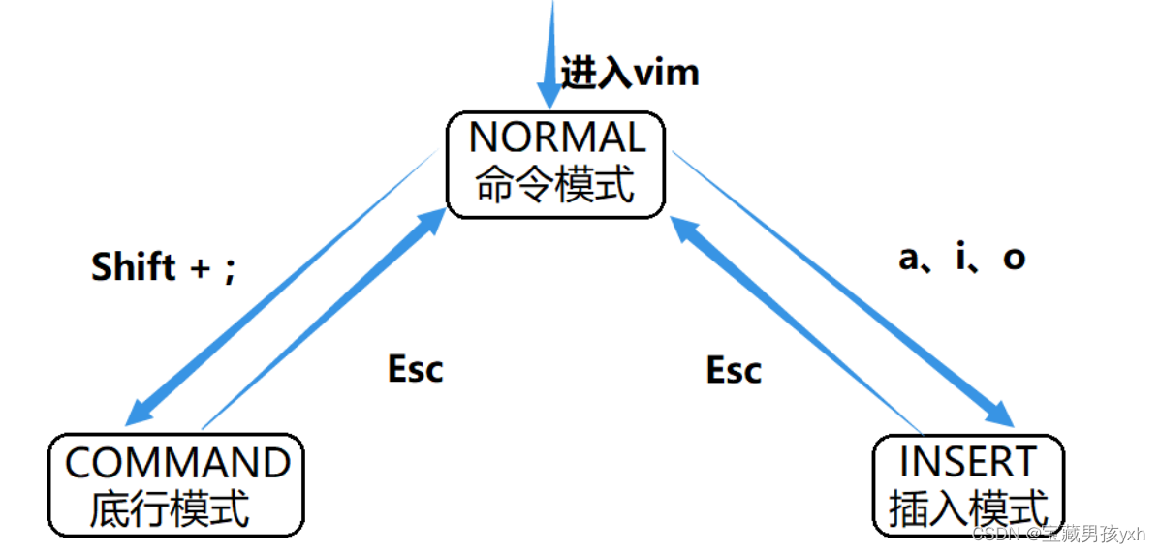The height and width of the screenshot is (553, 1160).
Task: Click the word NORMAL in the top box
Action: [556, 138]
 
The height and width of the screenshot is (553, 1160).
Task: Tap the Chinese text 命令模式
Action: [556, 184]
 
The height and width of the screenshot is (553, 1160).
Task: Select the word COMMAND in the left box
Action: [177, 463]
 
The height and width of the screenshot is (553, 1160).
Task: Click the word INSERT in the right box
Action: [968, 463]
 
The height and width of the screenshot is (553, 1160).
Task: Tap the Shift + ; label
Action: [163, 267]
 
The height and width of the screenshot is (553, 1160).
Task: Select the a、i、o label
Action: [961, 258]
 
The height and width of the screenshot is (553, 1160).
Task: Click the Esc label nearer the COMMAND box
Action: [415, 369]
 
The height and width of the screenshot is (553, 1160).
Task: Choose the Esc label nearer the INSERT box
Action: [734, 370]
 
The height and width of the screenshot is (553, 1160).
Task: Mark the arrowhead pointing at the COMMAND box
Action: [139, 414]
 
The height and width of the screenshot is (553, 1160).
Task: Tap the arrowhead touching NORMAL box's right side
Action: [682, 229]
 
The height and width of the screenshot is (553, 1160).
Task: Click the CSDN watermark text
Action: [1058, 534]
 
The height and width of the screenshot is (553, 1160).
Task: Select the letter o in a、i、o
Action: [1014, 259]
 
